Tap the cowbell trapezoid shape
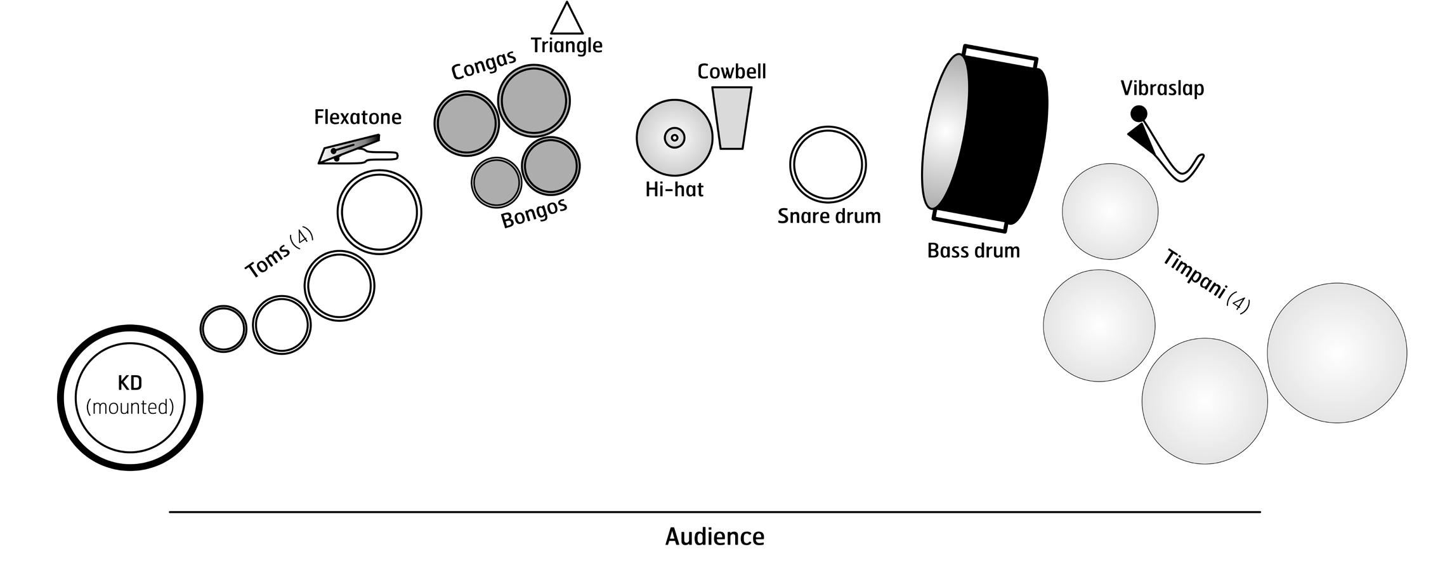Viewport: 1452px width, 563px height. [x=731, y=118]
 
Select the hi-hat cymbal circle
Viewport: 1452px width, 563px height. [x=674, y=137]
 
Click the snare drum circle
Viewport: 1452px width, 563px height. [x=828, y=164]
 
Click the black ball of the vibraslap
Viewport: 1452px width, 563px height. [x=1139, y=114]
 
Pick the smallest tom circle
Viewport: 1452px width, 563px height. [x=223, y=328]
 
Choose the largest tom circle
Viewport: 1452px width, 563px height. [x=379, y=211]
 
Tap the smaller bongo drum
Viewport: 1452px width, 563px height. [x=496, y=182]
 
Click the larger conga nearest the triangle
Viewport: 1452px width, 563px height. [x=533, y=100]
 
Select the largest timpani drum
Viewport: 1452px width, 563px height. [x=1337, y=353]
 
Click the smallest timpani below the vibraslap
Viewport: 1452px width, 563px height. [x=1110, y=211]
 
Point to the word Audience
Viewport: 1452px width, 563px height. [x=715, y=537]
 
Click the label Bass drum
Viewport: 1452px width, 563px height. [x=974, y=251]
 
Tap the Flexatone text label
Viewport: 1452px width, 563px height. [x=358, y=117]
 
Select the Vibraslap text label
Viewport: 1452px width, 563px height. [x=1162, y=88]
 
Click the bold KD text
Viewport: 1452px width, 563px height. [x=130, y=383]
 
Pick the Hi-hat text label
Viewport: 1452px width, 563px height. [x=674, y=190]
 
